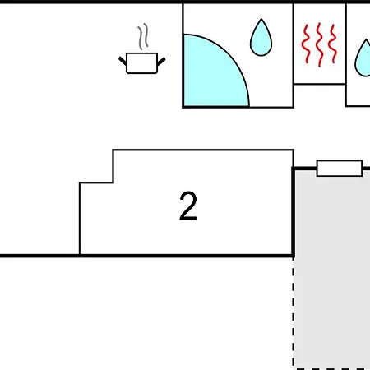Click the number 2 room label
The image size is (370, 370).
pyautogui.click(x=188, y=206)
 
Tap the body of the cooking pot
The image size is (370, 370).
pyautogui.click(x=141, y=63)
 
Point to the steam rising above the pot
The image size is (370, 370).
pyautogui.click(x=143, y=36)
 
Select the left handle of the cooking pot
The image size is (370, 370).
pyautogui.click(x=123, y=61)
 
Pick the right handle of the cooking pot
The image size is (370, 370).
pyautogui.click(x=161, y=62)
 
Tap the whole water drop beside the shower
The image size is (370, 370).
pyautogui.click(x=261, y=38)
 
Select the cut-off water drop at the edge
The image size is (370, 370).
pyautogui.click(x=363, y=58)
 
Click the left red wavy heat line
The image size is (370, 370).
pyautogui.click(x=306, y=44)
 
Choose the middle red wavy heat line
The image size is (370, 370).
pyautogui.click(x=319, y=44)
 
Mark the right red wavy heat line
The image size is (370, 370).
pyautogui.click(x=332, y=44)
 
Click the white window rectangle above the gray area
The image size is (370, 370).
pyautogui.click(x=340, y=169)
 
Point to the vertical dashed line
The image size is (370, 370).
pyautogui.click(x=294, y=312)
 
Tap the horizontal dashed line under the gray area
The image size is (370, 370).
pyautogui.click(x=332, y=369)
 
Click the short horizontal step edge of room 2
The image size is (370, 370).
pyautogui.click(x=96, y=183)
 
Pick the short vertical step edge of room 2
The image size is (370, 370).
pyautogui.click(x=113, y=166)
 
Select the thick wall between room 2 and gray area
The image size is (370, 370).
pyautogui.click(x=294, y=212)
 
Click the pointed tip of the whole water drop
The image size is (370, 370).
pyautogui.click(x=261, y=19)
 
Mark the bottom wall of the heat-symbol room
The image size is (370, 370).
pyautogui.click(x=319, y=84)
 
